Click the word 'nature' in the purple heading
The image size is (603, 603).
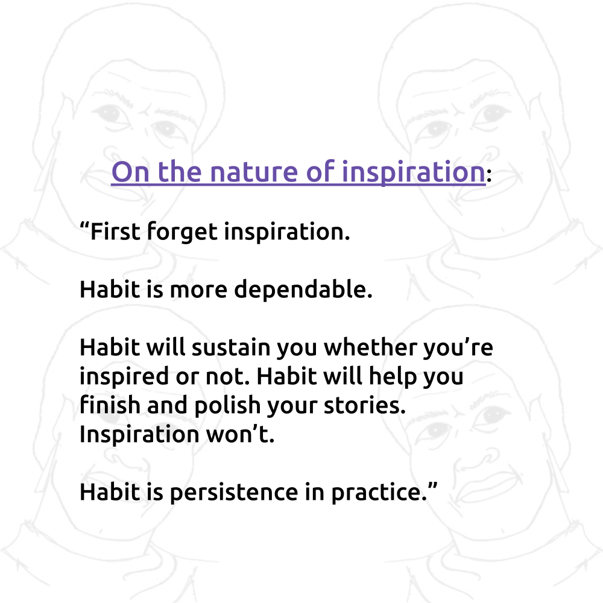(254, 172)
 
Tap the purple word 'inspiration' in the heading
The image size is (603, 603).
(414, 173)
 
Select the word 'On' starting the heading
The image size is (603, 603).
(130, 172)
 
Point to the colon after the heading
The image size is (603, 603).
(489, 175)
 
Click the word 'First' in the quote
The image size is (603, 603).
(115, 232)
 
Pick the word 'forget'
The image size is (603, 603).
(182, 232)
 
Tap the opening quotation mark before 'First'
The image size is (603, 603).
(84, 226)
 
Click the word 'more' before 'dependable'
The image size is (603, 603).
(198, 291)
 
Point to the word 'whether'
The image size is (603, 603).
(370, 347)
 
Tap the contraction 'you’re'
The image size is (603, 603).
(458, 349)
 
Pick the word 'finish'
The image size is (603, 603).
(110, 405)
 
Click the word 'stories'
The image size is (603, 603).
(362, 406)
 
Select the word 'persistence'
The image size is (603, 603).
(234, 493)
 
